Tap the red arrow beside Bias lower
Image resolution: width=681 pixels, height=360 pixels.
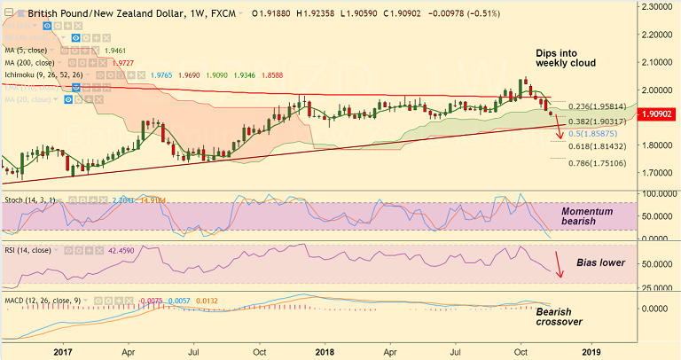coord(559,264)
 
